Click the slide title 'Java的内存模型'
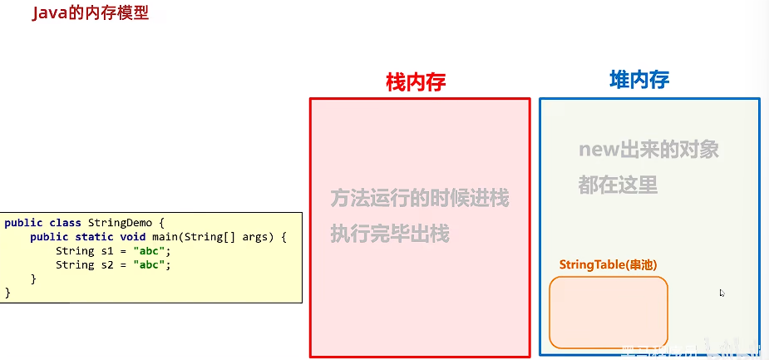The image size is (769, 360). pos(90,14)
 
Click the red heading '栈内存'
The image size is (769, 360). pos(417,81)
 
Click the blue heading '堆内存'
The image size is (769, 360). pos(639,80)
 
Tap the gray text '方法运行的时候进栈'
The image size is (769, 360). pos(419,199)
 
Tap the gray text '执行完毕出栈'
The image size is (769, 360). pos(389,234)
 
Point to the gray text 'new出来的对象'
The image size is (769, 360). pos(648,150)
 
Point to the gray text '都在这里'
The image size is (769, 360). pos(618,185)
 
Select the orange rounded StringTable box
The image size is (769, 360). pos(609,312)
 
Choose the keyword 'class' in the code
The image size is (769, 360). pos(66,223)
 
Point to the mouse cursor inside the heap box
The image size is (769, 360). pos(722,293)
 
